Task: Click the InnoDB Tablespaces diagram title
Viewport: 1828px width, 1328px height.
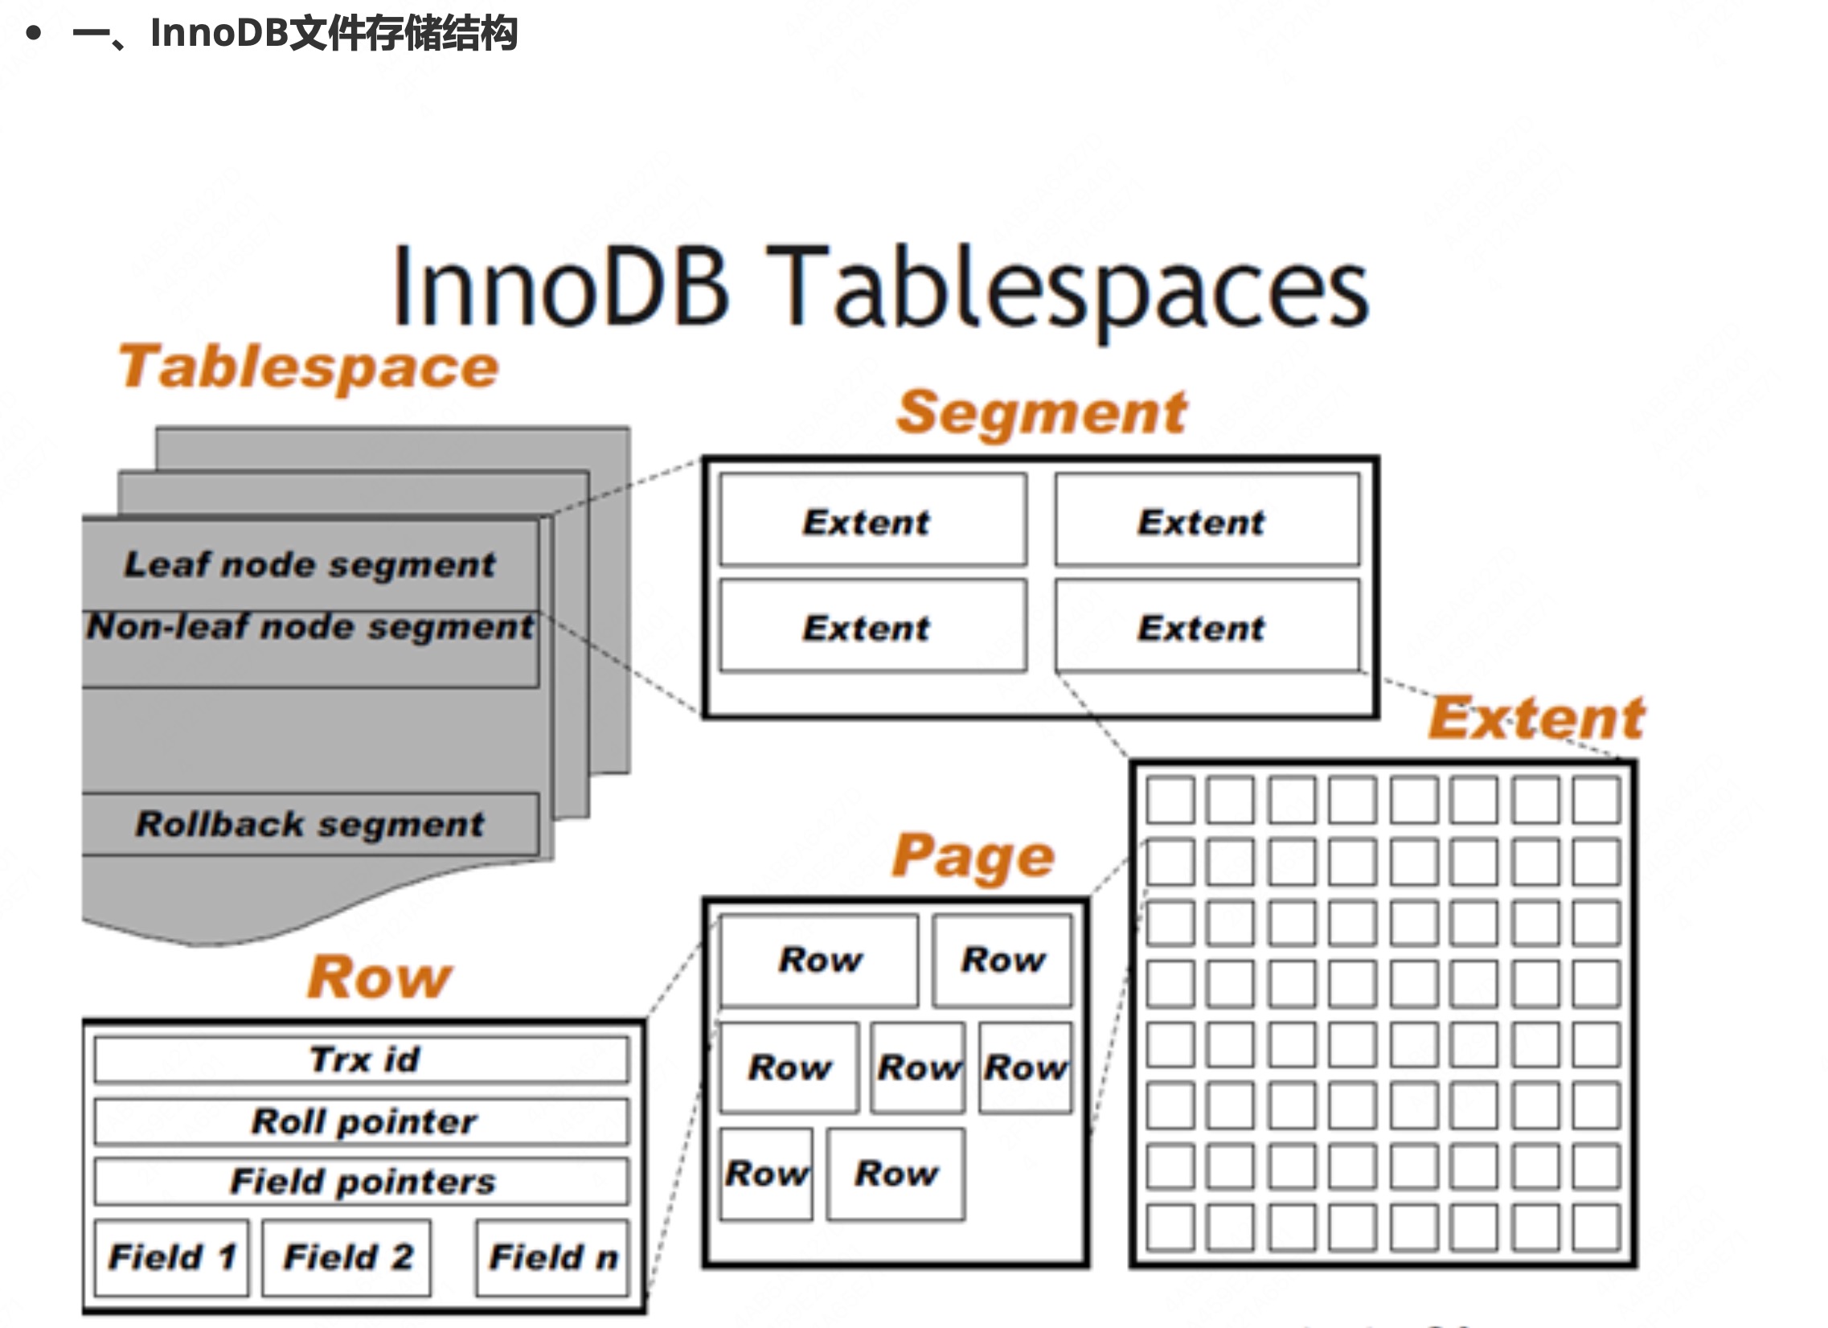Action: click(880, 289)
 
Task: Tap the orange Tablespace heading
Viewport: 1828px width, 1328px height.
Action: click(309, 367)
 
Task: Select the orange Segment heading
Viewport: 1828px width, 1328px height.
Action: click(1041, 412)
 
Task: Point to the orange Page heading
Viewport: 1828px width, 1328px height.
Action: click(973, 856)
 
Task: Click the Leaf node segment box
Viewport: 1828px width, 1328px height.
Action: click(309, 564)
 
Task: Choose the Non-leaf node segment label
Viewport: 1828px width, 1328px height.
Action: click(309, 627)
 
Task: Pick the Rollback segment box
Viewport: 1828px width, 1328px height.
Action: click(309, 823)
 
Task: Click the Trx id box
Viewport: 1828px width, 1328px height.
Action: click(362, 1059)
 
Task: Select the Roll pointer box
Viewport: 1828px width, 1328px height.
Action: click(362, 1121)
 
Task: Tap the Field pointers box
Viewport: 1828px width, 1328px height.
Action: click(362, 1182)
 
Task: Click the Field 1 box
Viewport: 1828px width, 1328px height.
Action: click(172, 1256)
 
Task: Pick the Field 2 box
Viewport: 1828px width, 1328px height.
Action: click(346, 1256)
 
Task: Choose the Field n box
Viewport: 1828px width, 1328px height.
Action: click(553, 1256)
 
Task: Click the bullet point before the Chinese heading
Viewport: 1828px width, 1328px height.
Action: click(33, 33)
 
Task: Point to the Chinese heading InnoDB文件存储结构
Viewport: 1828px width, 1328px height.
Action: click(333, 33)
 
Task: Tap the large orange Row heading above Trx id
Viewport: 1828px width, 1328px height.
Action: click(379, 978)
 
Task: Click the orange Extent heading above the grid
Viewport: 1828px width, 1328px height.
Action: click(1536, 718)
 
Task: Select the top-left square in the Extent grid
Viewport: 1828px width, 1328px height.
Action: click(1170, 799)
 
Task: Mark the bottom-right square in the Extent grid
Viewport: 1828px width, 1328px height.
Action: click(1596, 1228)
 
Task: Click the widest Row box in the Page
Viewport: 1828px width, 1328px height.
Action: click(819, 960)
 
